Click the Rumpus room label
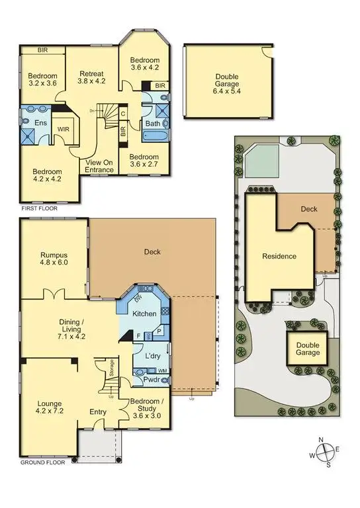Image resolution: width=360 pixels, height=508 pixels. point(54,257)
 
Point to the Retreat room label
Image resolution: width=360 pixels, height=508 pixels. point(92,78)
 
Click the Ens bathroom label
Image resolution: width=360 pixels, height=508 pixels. point(31,122)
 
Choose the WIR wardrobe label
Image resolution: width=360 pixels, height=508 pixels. point(64,130)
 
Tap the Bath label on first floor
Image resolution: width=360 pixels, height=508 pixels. point(152,124)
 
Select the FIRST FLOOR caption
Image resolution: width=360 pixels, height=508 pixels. point(39,208)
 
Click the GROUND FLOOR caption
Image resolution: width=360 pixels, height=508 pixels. point(43,463)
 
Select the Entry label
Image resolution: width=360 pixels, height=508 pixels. point(98,412)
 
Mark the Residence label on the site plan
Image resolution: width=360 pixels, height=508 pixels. point(279,256)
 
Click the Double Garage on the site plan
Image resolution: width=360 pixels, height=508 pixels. point(307,349)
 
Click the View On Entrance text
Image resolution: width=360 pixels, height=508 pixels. point(99,165)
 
